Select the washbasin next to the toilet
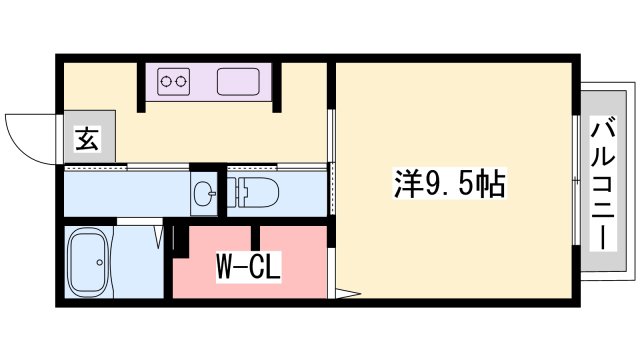click(x=204, y=194)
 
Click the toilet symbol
click(x=254, y=193)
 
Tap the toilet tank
click(x=234, y=193)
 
